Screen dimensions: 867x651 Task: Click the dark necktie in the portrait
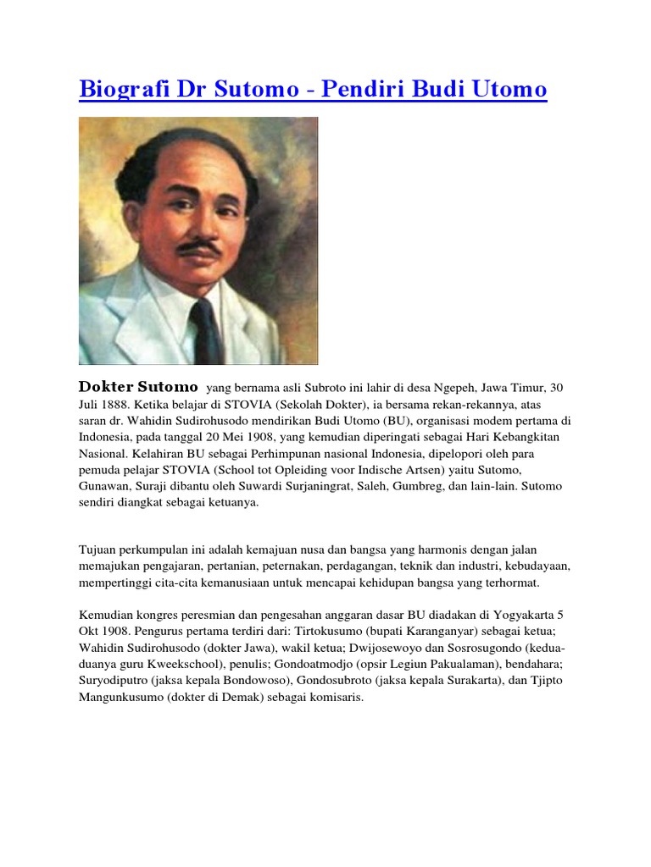204,329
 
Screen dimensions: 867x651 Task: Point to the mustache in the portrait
200,248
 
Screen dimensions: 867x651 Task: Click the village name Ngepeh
435,388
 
